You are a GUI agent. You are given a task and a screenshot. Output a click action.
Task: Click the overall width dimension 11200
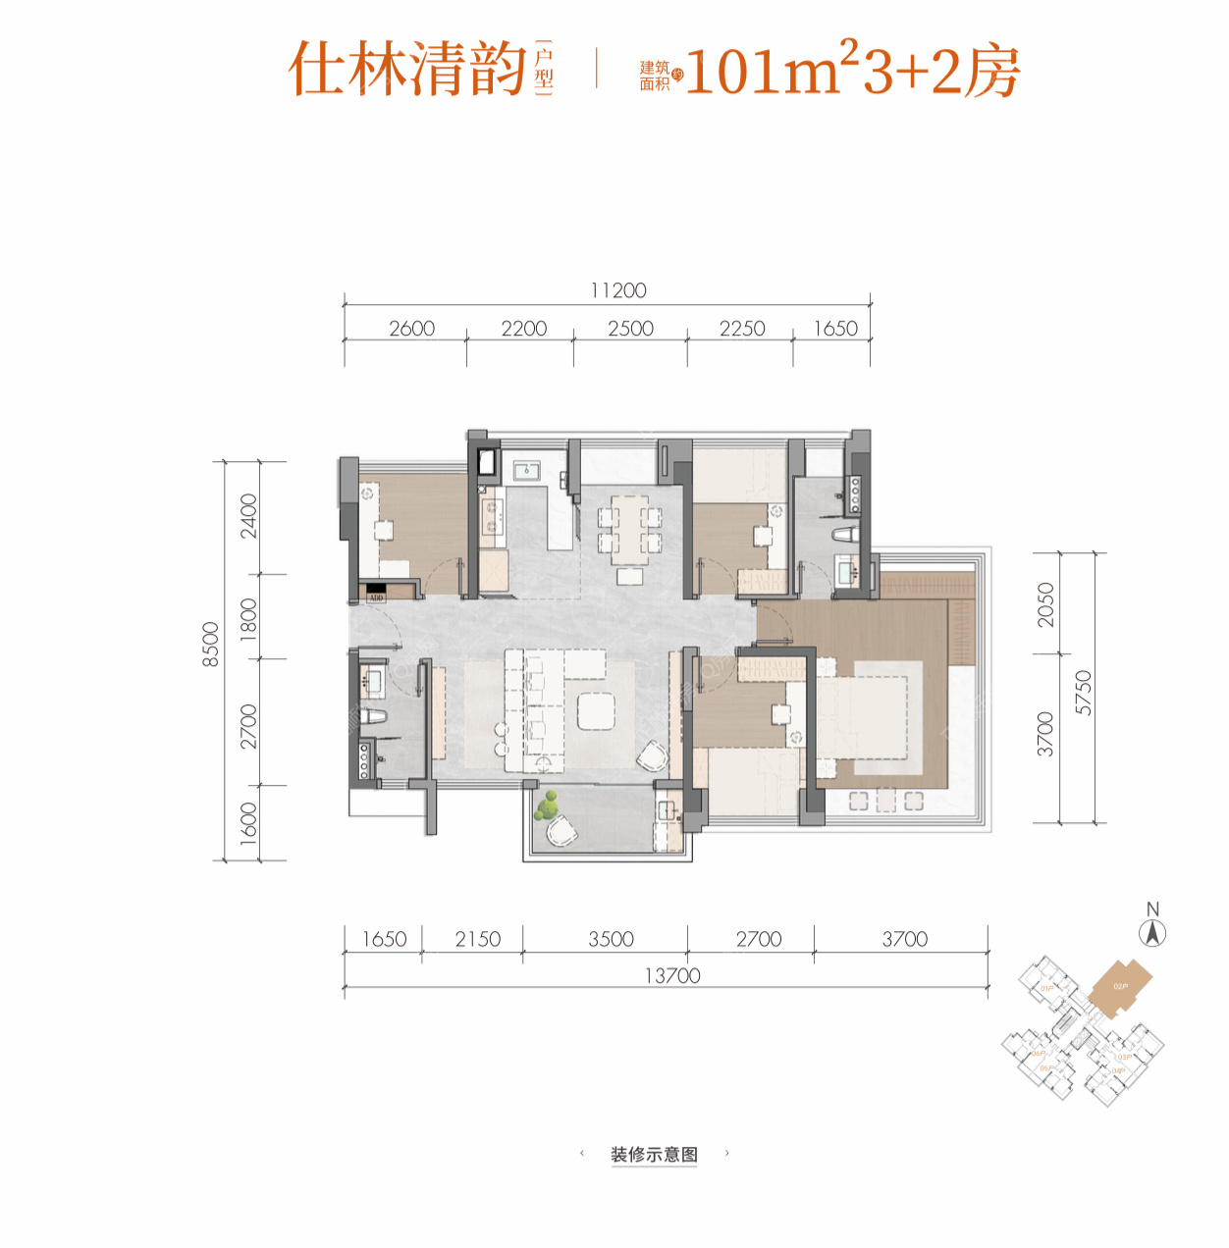coord(618,290)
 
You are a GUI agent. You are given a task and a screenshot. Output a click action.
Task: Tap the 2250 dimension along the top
coord(741,329)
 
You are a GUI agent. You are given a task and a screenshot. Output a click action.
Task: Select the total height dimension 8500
coord(210,645)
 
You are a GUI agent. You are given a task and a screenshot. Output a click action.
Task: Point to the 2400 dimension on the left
coord(248,516)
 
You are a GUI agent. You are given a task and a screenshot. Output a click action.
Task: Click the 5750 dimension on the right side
coord(1083,693)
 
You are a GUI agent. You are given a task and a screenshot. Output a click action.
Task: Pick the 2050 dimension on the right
coord(1045,604)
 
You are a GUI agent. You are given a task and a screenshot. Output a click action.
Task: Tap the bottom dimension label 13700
coord(672,975)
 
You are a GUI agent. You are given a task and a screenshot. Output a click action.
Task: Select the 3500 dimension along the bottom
coord(611,939)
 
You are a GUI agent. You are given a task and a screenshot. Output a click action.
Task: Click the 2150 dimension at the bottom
coord(478,939)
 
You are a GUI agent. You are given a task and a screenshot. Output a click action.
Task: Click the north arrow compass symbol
coord(1153,933)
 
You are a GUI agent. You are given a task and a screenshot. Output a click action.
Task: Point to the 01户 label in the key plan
coord(1046,988)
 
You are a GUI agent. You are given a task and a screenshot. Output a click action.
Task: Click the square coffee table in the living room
coord(596,711)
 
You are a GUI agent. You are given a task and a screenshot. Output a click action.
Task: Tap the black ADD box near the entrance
coord(376,592)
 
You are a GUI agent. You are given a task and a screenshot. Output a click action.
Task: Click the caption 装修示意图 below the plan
coord(654,1154)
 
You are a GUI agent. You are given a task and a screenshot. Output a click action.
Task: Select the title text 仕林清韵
coord(407,70)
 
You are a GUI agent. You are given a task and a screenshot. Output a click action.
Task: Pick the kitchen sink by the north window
coord(527,470)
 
